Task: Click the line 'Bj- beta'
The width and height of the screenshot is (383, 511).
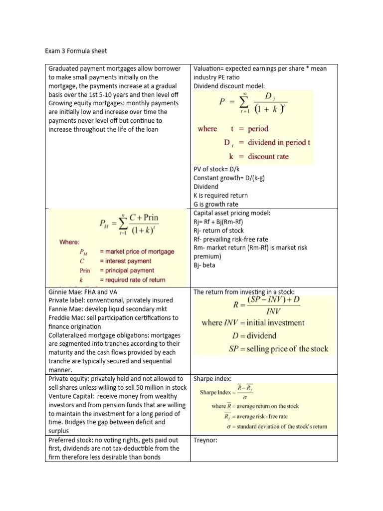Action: click(204, 265)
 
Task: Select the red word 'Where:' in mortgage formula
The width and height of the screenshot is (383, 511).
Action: click(69, 242)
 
